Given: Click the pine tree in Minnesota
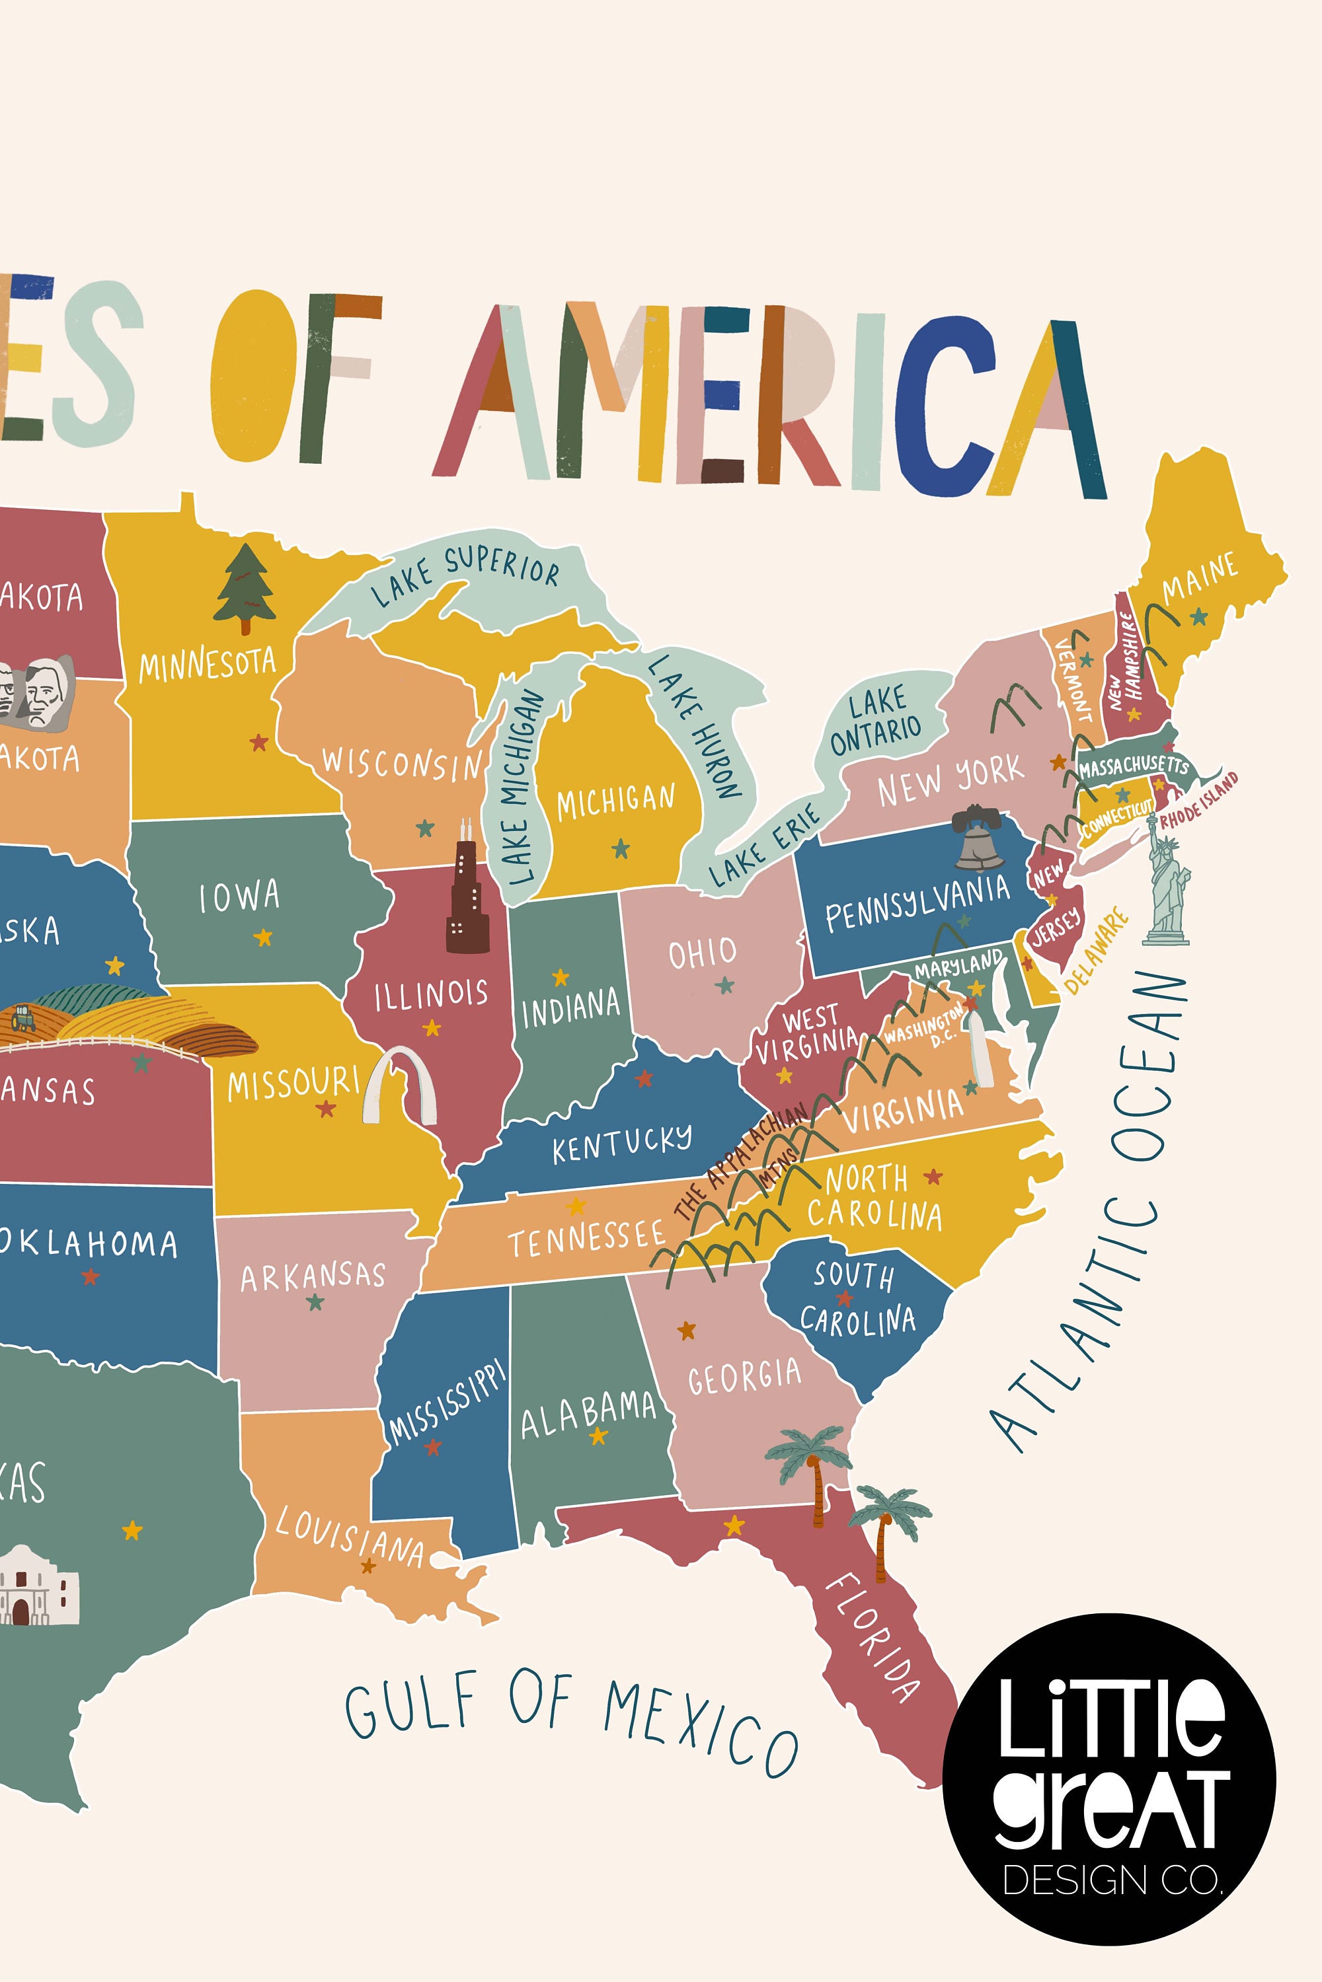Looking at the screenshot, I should click(245, 587).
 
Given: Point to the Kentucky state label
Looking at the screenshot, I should click(621, 1144).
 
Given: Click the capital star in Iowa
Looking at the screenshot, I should click(263, 937).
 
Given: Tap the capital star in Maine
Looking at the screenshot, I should click(1198, 617).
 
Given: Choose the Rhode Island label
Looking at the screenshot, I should click(1199, 801).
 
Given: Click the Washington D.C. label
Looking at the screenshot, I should click(925, 1030).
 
